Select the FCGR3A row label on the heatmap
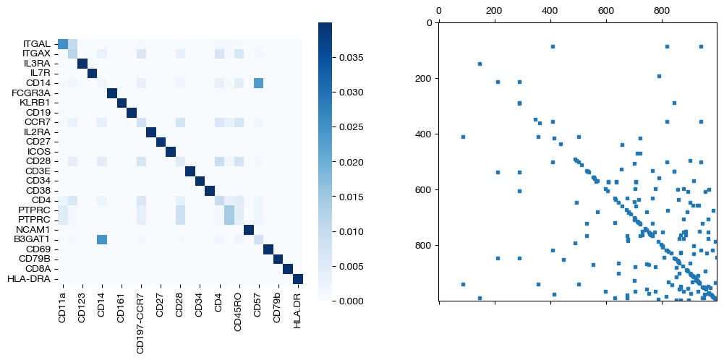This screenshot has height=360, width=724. pos(31,93)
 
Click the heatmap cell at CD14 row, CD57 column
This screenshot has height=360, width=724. pos(258,83)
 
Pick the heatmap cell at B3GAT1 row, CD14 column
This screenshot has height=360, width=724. pos(102,240)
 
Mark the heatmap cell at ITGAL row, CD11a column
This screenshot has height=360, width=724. pos(63,44)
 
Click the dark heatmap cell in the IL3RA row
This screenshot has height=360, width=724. pos(82,64)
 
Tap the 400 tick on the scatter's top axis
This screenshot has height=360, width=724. pos(550,12)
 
